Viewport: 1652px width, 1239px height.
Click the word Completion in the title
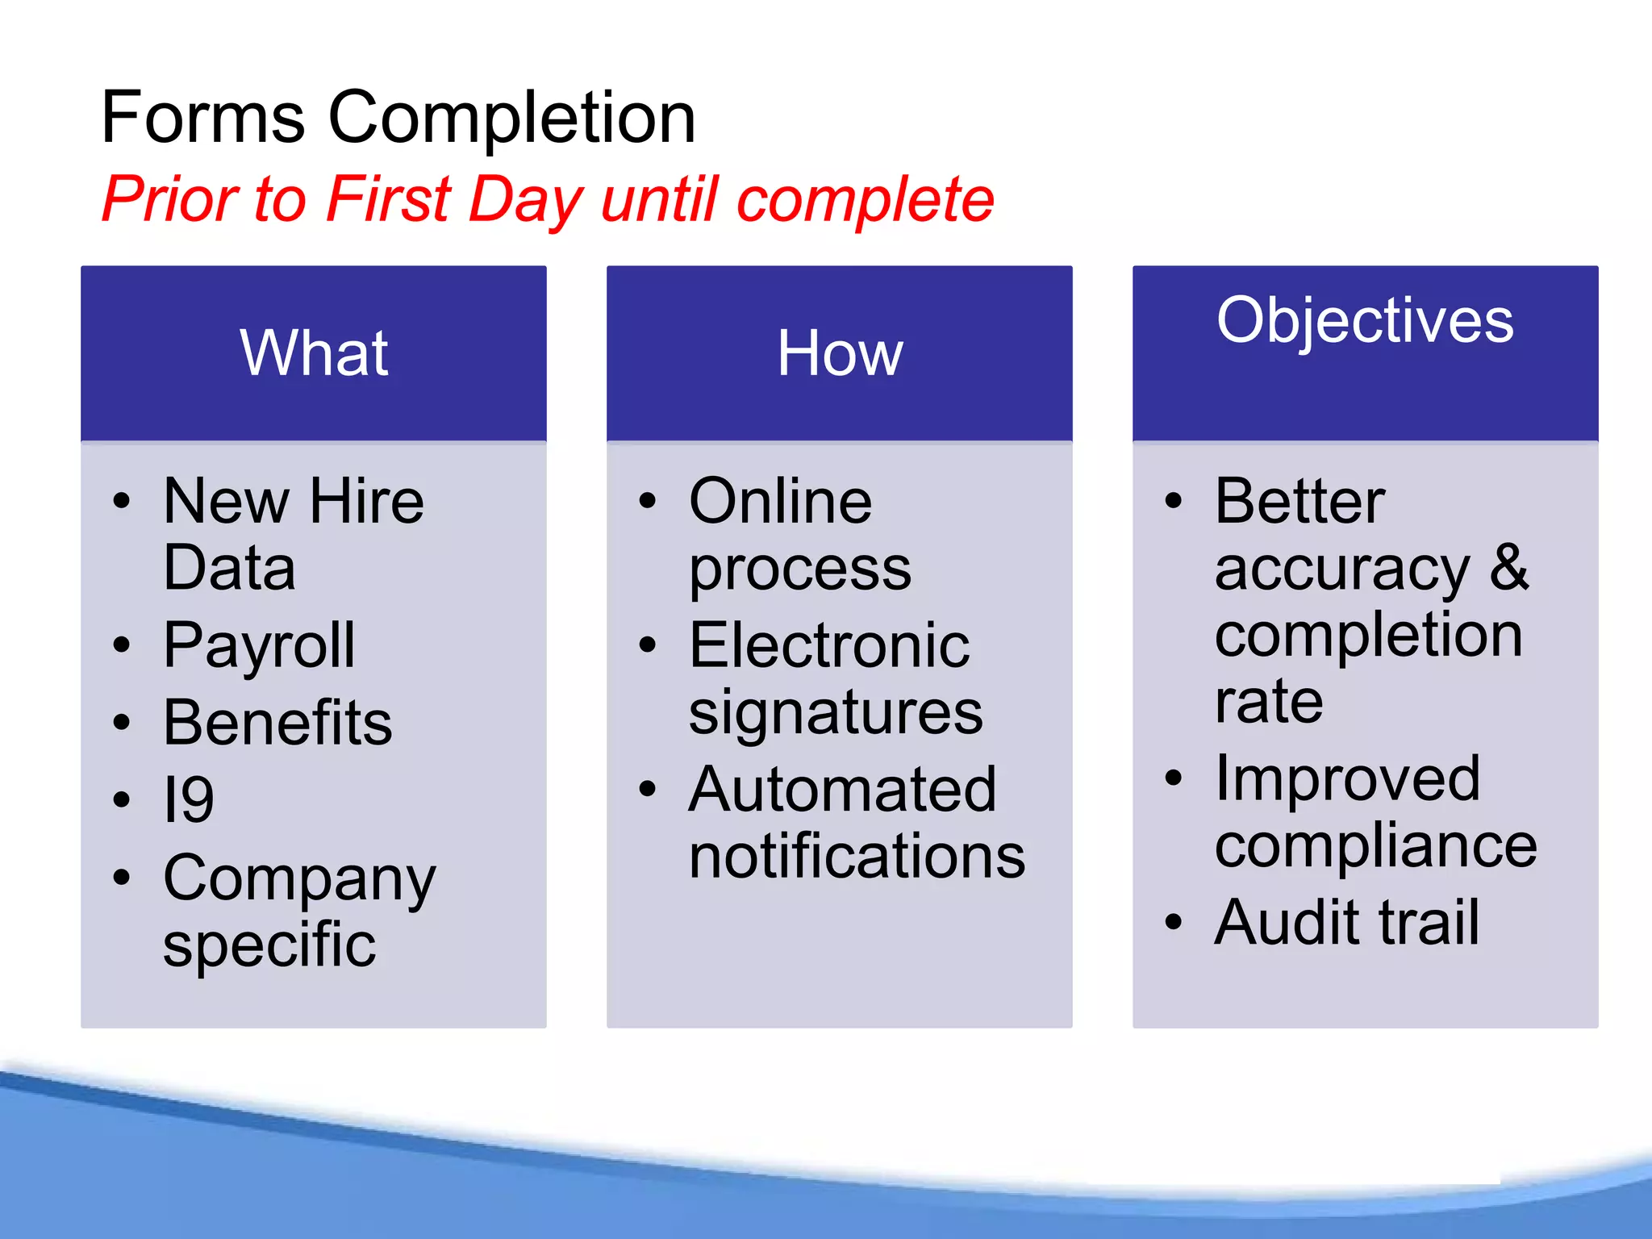click(511, 118)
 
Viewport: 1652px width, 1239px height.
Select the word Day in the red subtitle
click(524, 200)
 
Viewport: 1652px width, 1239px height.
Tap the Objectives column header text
click(1365, 321)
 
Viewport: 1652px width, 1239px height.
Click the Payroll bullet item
click(259, 645)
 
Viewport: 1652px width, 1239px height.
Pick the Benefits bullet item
click(277, 723)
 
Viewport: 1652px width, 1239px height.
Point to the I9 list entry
click(188, 799)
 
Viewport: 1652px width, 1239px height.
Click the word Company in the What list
click(299, 878)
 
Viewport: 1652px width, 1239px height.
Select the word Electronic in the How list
click(829, 646)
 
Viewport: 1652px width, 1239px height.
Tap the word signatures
click(836, 713)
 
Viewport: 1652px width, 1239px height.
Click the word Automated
click(843, 790)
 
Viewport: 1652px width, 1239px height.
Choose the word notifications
click(857, 856)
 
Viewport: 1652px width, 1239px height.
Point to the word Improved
click(1347, 779)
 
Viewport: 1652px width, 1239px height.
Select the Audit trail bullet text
click(1347, 922)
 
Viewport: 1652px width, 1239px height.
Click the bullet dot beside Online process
click(648, 501)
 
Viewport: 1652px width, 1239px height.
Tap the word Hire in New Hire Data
click(366, 502)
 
